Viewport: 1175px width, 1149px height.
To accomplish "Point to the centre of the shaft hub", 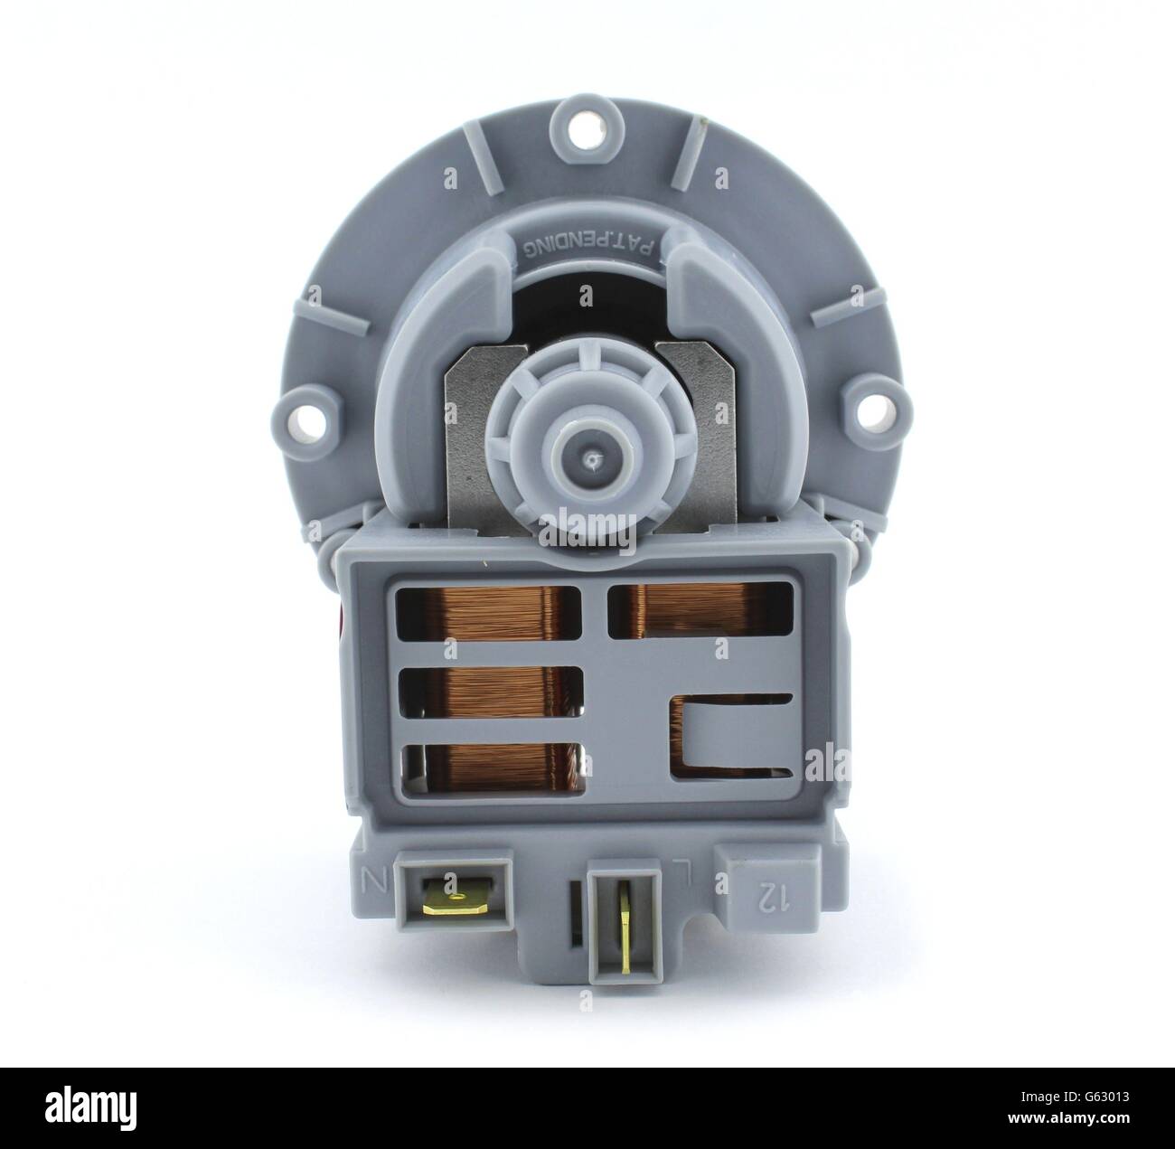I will pyautogui.click(x=589, y=460).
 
